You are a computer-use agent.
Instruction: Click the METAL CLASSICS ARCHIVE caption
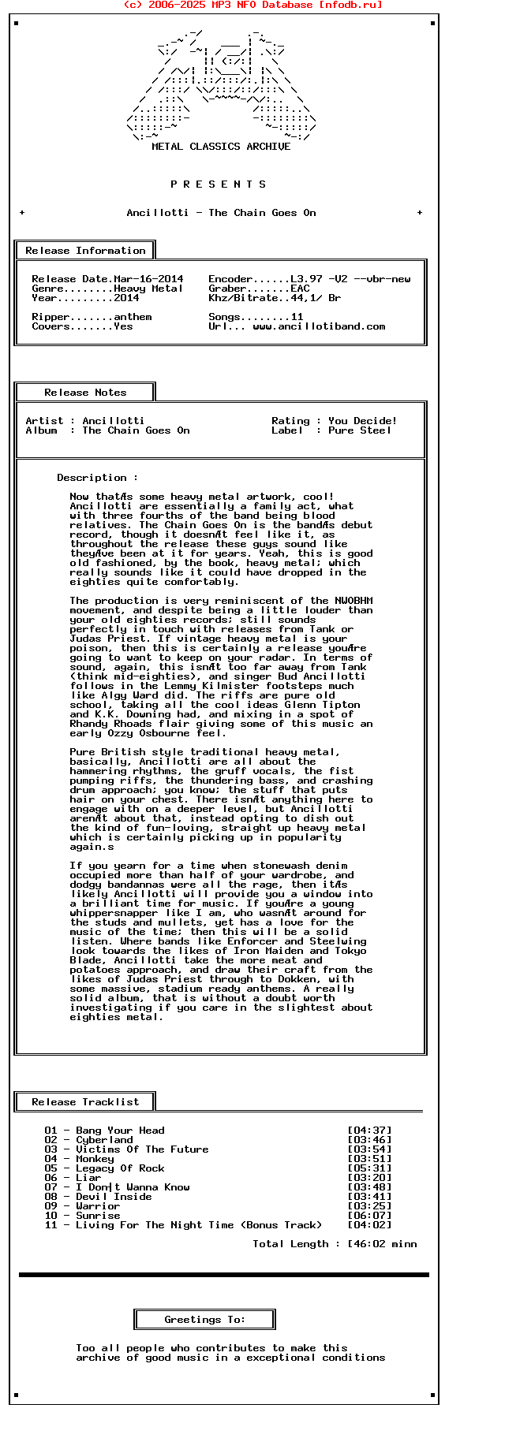[221, 147]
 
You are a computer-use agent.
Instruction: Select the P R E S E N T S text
[219, 184]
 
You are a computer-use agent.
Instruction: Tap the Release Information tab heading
[85, 251]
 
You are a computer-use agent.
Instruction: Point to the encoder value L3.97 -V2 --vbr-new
[350, 279]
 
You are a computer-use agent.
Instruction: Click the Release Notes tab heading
[85, 393]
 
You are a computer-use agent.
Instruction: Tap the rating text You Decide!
[363, 421]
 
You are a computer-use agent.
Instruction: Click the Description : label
[97, 478]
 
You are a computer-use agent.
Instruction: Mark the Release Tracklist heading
[85, 1102]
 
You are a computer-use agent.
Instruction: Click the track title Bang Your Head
[120, 1131]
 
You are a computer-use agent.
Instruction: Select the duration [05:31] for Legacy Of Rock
[369, 1168]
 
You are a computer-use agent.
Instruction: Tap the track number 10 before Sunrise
[50, 1216]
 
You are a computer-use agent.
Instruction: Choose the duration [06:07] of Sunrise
[369, 1216]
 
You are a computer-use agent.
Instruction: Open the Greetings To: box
[205, 1320]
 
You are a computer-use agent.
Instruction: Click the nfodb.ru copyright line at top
[252, 5]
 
